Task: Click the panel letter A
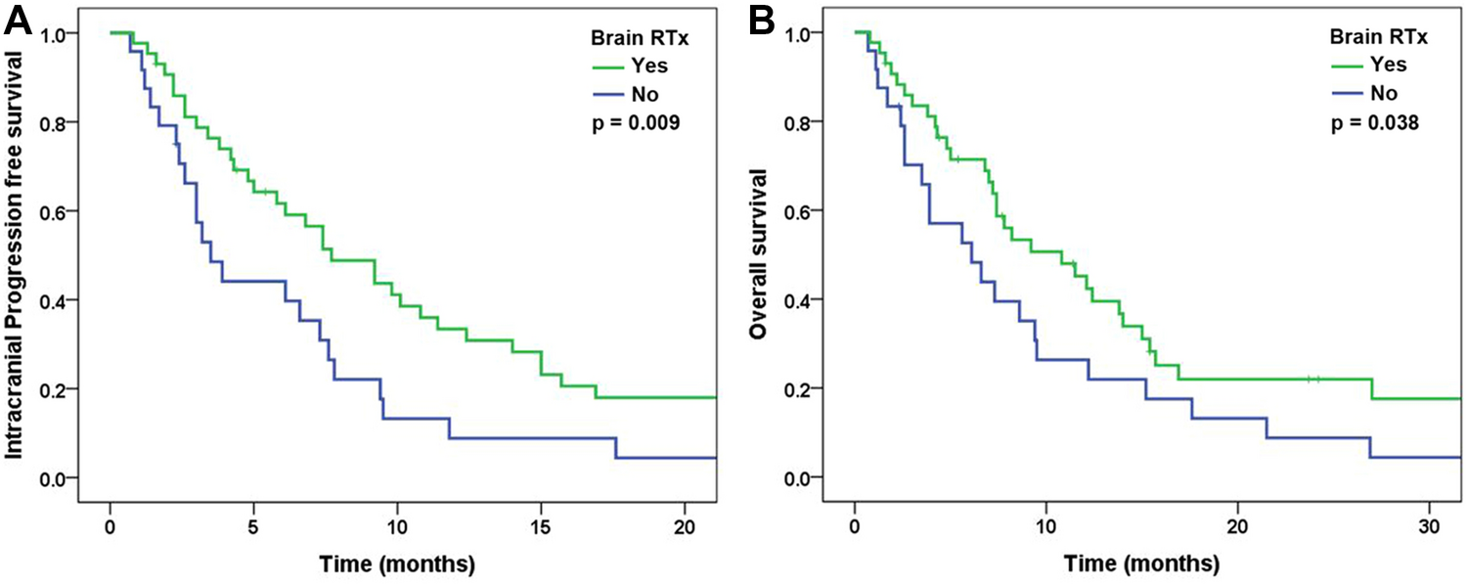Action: click(18, 21)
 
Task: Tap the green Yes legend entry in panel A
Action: click(627, 67)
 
